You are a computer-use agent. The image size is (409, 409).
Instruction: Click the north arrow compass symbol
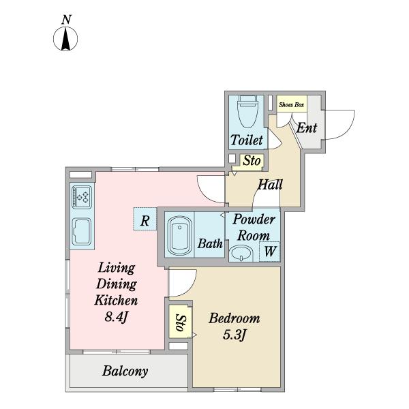[x=65, y=39]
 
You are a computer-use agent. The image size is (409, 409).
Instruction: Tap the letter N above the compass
[x=67, y=20]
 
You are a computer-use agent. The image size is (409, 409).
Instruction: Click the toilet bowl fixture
[x=247, y=111]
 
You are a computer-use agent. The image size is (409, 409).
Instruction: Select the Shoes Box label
[x=291, y=105]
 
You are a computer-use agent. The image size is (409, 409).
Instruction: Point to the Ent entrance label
[x=307, y=128]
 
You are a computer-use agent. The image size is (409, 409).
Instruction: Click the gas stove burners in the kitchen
[x=82, y=197]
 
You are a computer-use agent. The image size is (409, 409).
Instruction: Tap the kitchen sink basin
[x=82, y=232]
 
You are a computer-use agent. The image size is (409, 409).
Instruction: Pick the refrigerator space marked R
[x=145, y=219]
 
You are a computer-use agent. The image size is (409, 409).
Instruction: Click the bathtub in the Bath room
[x=180, y=236]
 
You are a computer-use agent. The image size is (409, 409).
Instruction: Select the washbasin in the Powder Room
[x=241, y=254]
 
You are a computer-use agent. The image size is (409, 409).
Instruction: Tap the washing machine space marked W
[x=269, y=252]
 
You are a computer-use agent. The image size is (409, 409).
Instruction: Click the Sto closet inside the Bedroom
[x=180, y=321]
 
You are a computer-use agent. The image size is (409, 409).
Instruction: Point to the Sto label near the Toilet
[x=252, y=161]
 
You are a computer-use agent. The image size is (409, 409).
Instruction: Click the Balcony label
[x=125, y=371]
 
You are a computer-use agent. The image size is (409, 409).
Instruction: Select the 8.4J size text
[x=116, y=317]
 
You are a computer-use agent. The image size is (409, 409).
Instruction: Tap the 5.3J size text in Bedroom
[x=234, y=335]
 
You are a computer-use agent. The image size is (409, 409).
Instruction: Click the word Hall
[x=270, y=185]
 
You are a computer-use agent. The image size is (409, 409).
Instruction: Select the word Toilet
[x=247, y=140]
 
